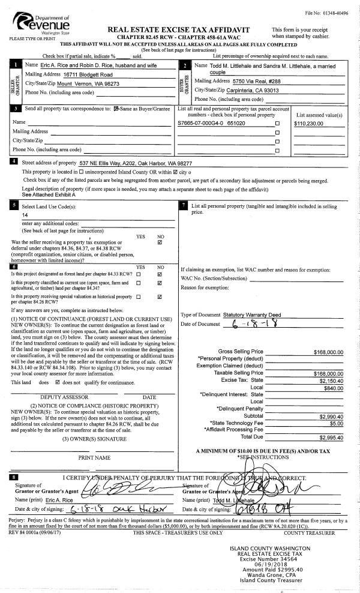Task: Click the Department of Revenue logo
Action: click(40, 25)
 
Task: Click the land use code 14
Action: click(25, 214)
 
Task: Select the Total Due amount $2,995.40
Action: click(331, 437)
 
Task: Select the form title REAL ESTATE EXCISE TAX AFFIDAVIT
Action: click(178, 29)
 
